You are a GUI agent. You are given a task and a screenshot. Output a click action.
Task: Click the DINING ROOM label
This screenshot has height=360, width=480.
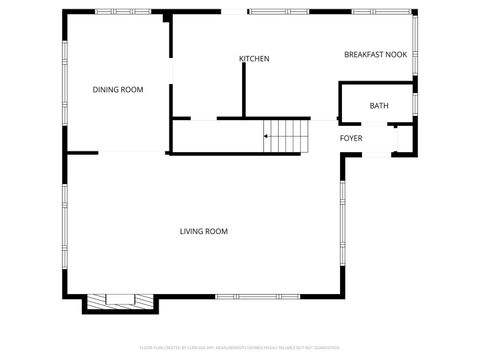click(118, 90)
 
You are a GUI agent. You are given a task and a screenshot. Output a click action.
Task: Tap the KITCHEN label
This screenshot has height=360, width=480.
click(254, 59)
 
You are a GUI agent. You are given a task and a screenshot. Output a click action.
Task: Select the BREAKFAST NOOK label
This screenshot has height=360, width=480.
click(376, 54)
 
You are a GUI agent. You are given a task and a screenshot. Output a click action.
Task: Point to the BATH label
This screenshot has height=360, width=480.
click(379, 106)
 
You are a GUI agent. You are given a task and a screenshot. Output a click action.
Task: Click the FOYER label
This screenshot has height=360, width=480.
click(351, 138)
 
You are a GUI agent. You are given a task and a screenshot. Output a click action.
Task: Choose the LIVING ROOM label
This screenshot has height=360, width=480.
click(204, 232)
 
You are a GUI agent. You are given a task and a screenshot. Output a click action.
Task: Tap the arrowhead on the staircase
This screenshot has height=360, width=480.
click(266, 135)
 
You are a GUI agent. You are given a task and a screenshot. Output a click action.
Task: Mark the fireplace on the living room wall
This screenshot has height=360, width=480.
click(119, 299)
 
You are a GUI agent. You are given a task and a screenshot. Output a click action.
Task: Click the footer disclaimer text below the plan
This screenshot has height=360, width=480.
click(240, 347)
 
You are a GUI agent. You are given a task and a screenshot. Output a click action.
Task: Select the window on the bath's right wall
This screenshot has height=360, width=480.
click(414, 103)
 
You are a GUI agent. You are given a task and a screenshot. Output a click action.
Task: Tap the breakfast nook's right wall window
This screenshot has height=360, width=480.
click(414, 50)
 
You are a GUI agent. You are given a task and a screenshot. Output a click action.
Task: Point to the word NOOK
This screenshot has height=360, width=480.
click(398, 54)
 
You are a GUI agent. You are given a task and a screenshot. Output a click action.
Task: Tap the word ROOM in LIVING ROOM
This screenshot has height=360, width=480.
click(217, 232)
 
